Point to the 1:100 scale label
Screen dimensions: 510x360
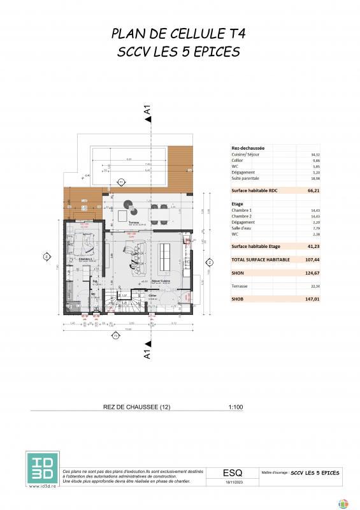point(235,407)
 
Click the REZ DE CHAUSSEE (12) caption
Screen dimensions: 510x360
point(136,407)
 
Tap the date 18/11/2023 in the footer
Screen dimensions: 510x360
point(233,484)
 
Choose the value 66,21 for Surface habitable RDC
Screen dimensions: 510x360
point(312,190)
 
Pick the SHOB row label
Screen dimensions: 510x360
point(238,297)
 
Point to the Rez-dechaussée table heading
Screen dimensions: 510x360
point(248,148)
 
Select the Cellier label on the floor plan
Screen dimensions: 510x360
point(152,296)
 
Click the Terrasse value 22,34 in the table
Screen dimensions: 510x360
point(313,287)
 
